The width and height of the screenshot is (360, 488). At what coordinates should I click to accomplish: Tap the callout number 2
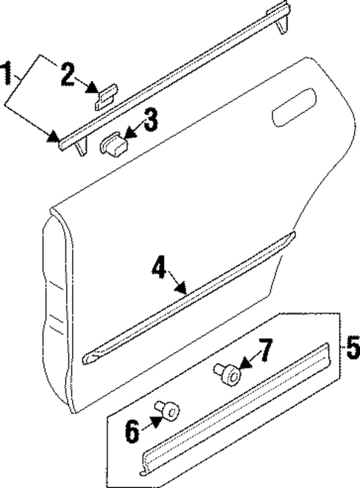click(x=68, y=74)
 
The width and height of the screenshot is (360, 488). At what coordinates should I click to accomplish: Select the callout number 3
click(x=151, y=121)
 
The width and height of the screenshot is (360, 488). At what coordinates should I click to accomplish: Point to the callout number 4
click(x=159, y=268)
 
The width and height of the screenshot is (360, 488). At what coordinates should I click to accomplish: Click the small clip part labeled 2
click(x=105, y=95)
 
